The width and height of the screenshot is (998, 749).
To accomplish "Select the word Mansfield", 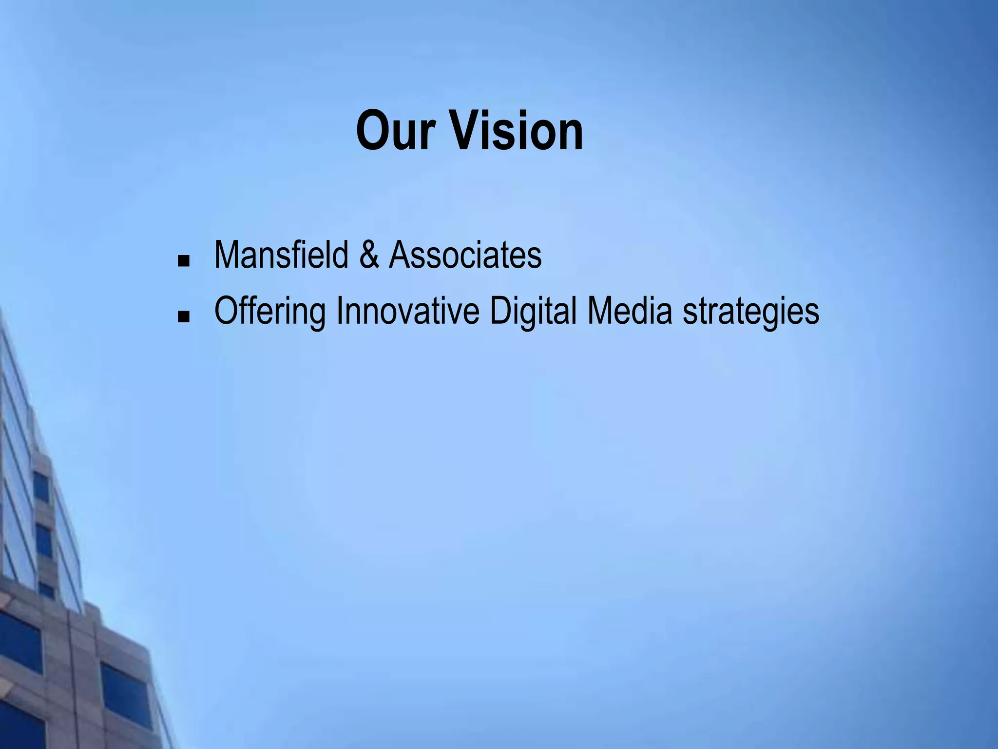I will (281, 255).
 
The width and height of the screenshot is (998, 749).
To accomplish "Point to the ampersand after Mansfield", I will (369, 255).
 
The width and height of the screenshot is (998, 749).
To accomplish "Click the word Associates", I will (465, 255).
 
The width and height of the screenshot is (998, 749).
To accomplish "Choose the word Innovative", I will (408, 311).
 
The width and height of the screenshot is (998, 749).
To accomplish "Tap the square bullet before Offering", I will (184, 318).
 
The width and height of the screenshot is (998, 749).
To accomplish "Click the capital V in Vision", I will (462, 131).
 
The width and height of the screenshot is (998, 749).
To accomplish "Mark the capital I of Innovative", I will (340, 311).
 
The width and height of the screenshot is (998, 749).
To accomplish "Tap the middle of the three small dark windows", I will (44, 541).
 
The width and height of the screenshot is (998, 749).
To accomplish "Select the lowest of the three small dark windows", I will (46, 590).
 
